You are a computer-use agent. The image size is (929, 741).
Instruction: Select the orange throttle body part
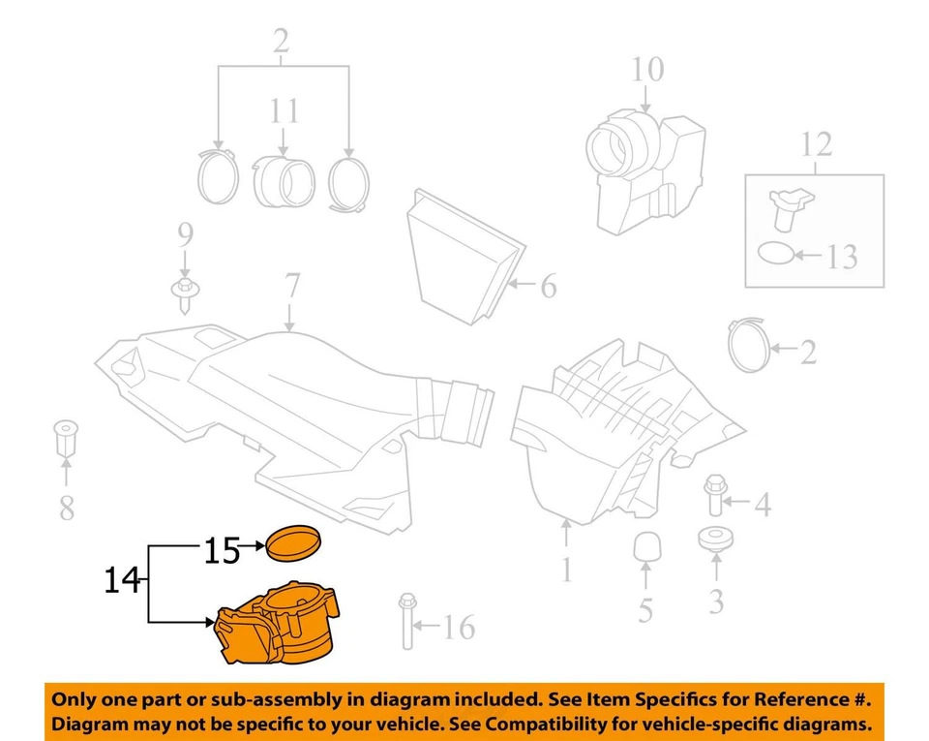coord(280,630)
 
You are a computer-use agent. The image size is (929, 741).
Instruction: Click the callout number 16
coord(459,629)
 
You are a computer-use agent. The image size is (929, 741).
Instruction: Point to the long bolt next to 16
coord(406,620)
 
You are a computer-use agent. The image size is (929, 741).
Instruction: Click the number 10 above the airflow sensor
coord(647,70)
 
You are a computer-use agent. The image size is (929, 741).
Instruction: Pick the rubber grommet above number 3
coord(716,539)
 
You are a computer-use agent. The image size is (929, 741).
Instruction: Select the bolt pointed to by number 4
coord(715,494)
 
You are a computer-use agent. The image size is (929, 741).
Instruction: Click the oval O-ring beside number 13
coord(774,254)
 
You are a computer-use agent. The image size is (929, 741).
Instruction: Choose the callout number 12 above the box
coord(816,145)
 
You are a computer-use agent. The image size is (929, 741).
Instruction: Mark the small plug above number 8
coord(67,440)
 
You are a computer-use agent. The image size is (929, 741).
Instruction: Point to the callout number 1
coord(565,568)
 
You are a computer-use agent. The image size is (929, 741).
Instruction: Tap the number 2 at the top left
coord(281,43)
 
